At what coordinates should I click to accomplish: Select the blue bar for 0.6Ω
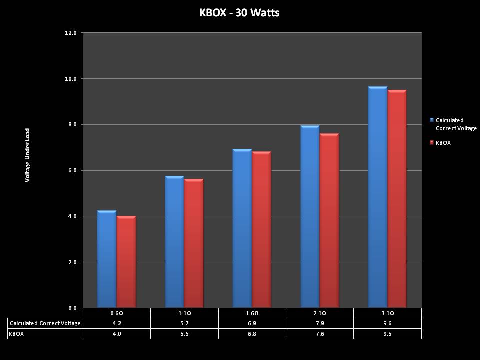click(107, 260)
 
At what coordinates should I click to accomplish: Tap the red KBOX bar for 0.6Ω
click(126, 262)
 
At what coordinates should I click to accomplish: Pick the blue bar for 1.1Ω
click(174, 242)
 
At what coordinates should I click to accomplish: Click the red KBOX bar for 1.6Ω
click(261, 230)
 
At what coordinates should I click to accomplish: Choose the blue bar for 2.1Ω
click(310, 217)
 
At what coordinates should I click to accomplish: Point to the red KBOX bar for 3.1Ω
click(397, 200)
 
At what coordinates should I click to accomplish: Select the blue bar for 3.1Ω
click(377, 197)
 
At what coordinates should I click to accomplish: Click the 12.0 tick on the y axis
click(71, 33)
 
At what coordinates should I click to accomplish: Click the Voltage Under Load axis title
click(28, 155)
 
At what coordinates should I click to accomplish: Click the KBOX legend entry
click(443, 143)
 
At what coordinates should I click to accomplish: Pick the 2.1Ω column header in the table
click(320, 313)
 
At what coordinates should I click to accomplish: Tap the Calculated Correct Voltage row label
click(45, 323)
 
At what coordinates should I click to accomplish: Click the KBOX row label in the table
click(17, 333)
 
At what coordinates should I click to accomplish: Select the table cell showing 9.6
click(387, 323)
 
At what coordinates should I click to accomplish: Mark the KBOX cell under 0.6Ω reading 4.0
click(116, 333)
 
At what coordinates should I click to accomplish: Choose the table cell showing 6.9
click(252, 323)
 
